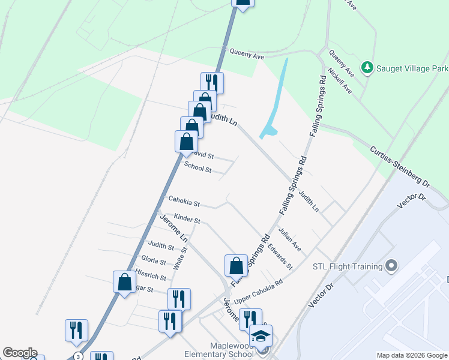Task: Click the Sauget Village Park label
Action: click(x=412, y=68)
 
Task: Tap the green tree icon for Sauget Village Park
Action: click(x=367, y=67)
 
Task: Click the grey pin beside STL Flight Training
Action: click(x=391, y=265)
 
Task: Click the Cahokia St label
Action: click(x=184, y=201)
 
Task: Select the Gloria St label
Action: click(x=154, y=261)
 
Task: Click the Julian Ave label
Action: click(x=289, y=239)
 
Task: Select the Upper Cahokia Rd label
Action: click(x=258, y=291)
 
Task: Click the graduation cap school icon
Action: click(x=261, y=337)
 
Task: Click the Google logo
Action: click(x=20, y=353)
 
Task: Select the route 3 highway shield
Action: click(x=78, y=356)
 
